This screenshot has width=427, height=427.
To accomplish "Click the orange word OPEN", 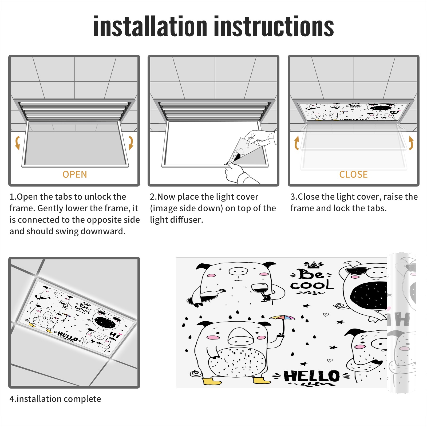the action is tap(75, 175).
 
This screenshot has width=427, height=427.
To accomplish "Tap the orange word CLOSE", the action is tap(353, 175).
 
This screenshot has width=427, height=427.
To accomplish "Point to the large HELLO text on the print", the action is tap(312, 376).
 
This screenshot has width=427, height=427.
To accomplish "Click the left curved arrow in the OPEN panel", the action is tap(17, 143).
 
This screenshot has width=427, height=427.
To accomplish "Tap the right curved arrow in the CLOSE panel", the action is tap(411, 143).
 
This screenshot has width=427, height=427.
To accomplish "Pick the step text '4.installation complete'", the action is tap(55, 399).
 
